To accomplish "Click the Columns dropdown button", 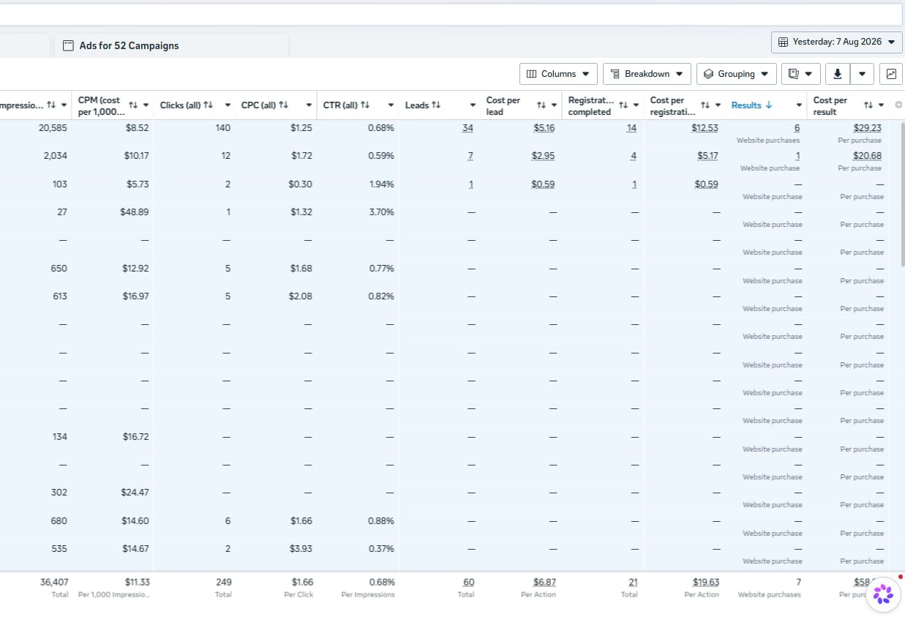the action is pos(558,74).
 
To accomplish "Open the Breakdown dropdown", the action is pos(647,74).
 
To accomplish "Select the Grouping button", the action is pos(736,74).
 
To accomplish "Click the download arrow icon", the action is pos(838,74).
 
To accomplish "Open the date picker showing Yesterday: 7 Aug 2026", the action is pos(836,42).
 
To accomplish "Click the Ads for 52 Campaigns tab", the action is pos(129,45).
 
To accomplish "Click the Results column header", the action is pos(746,105).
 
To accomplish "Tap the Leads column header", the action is pos(417,105).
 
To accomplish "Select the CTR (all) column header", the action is pos(340,105).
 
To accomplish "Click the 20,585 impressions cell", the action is pos(53,127).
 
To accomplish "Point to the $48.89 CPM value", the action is pos(135,212).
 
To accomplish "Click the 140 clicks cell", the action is pos(223,127).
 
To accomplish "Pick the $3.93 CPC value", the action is pos(301,549).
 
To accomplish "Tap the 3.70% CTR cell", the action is pos(381,212).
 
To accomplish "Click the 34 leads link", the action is pos(467,128).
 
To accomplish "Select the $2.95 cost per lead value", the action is pos(543,156).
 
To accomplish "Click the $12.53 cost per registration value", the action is pos(705,128).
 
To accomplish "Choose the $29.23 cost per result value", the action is pos(868,128).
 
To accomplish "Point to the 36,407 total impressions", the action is pos(54,583).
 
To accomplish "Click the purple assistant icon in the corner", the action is pos(883,594).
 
